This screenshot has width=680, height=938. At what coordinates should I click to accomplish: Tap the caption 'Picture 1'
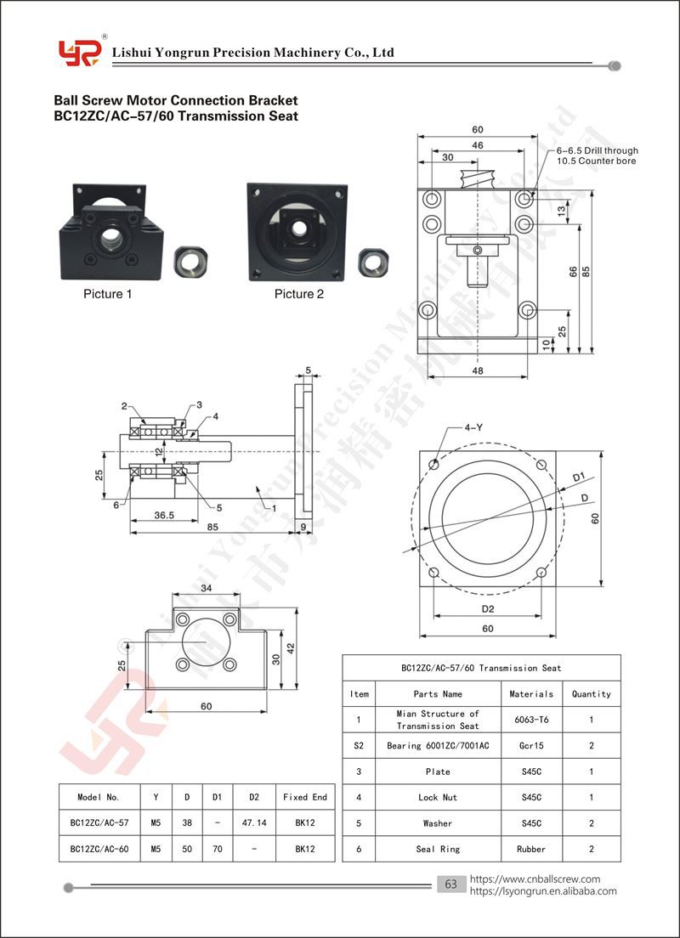(x=107, y=294)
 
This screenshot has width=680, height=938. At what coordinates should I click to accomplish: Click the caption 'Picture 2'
(x=298, y=294)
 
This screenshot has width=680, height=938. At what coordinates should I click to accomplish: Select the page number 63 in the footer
(x=450, y=884)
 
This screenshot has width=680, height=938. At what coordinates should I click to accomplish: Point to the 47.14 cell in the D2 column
(x=254, y=822)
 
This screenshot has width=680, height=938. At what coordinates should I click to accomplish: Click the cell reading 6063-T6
(x=531, y=720)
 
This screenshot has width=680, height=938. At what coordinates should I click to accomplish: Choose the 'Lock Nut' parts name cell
(x=438, y=798)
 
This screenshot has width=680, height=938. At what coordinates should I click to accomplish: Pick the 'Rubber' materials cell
(x=531, y=849)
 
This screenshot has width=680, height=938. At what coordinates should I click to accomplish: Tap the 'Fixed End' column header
(x=305, y=797)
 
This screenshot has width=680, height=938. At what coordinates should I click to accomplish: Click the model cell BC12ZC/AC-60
(x=99, y=849)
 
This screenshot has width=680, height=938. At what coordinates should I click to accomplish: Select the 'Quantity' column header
(x=592, y=694)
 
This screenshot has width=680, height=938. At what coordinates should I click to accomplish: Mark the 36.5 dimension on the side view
(x=163, y=515)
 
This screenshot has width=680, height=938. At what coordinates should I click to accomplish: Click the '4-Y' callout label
(x=473, y=427)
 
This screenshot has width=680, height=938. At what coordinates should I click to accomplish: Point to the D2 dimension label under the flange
(x=488, y=609)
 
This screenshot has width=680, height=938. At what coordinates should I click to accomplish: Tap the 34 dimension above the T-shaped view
(x=206, y=588)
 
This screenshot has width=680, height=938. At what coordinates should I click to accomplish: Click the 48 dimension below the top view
(x=477, y=370)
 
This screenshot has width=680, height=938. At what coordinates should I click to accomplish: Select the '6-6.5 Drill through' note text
(x=598, y=150)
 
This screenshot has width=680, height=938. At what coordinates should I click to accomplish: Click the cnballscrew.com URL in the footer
(x=535, y=879)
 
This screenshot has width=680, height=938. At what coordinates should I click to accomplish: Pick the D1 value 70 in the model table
(x=218, y=849)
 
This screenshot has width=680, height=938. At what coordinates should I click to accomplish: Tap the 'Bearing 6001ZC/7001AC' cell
(x=438, y=746)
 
